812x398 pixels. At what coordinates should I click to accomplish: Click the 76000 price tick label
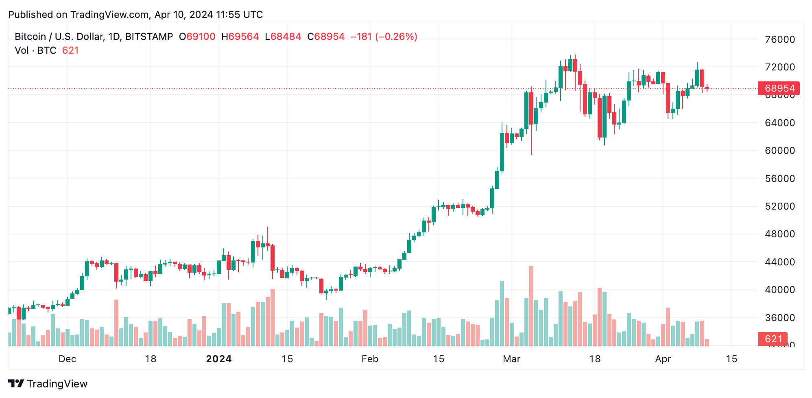(779, 39)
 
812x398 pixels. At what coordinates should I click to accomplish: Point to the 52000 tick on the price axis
(779, 206)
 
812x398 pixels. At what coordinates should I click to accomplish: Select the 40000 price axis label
(779, 290)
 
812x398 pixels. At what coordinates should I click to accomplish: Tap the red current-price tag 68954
(779, 88)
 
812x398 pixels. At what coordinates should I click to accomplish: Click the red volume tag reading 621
(773, 339)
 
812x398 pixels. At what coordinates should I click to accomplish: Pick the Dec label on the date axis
(67, 359)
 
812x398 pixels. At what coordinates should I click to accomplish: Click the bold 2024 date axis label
(219, 359)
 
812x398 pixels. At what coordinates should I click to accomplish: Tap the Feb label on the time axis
(370, 359)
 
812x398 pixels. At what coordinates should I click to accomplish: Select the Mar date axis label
(511, 359)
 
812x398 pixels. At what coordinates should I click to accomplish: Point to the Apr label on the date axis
(663, 359)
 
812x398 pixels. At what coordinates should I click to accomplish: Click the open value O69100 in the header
(197, 37)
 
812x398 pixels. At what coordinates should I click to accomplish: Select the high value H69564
(240, 37)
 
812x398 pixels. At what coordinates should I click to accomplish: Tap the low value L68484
(283, 37)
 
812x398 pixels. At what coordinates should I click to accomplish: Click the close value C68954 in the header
(326, 37)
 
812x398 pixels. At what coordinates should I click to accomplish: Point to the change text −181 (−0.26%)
(384, 37)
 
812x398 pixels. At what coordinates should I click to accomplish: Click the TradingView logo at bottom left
(48, 384)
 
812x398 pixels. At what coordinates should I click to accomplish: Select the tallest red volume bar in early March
(531, 305)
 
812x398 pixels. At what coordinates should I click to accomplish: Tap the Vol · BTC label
(35, 50)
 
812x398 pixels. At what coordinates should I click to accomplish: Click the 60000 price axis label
(779, 151)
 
